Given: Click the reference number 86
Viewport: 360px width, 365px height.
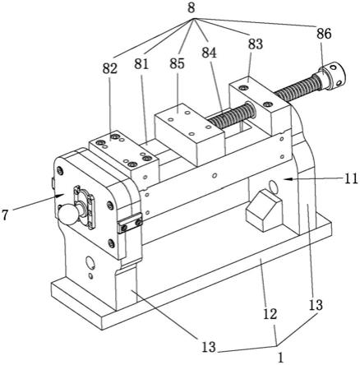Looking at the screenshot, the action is pos(324,34).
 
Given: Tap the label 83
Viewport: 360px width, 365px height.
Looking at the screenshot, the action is pos(256,44).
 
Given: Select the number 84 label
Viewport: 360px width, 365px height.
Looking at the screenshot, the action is pos(210,53).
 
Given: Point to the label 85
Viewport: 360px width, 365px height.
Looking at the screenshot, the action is pos(177,63).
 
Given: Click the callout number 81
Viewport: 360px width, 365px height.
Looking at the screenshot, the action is pos(141,63).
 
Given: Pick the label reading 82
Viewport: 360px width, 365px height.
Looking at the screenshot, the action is pos(110,68).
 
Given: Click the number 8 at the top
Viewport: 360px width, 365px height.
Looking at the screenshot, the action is pos(192,7).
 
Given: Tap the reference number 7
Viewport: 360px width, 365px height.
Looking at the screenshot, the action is pos(4,215).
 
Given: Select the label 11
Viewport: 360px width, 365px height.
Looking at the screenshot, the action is pos(352,179).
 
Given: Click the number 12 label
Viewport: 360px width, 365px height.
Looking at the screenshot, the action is pos(270,314).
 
